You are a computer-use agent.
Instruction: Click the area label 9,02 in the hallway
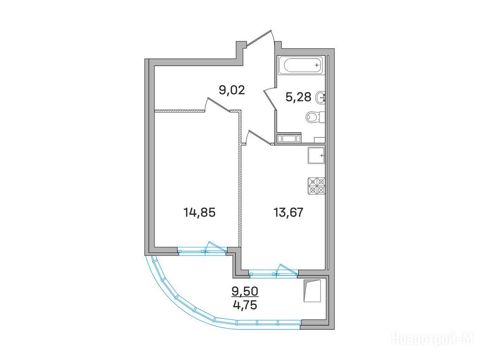click(232, 90)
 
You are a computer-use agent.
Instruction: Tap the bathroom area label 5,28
click(299, 97)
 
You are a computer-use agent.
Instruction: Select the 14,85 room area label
click(199, 212)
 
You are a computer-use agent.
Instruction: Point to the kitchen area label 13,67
click(288, 212)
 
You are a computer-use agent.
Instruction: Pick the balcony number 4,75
click(245, 306)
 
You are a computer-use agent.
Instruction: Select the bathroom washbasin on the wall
click(320, 97)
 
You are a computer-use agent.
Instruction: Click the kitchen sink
click(316, 156)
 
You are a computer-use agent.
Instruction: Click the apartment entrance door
click(260, 39)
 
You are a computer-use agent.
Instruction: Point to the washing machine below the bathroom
click(289, 139)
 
